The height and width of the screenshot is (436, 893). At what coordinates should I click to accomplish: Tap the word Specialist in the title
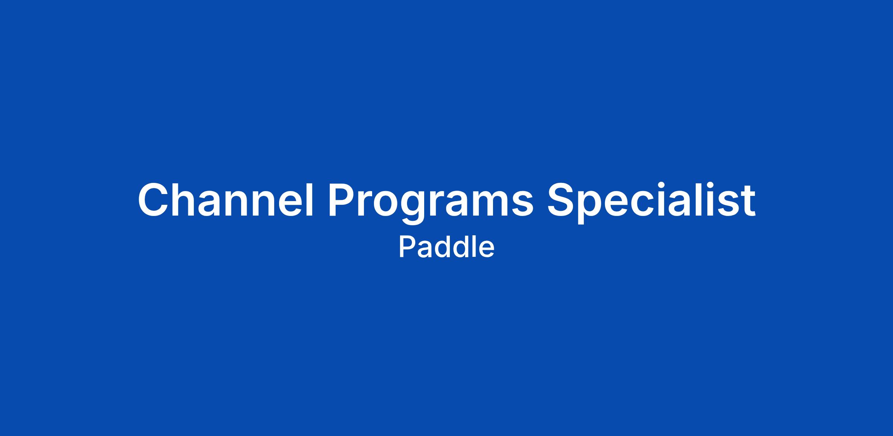coord(651,203)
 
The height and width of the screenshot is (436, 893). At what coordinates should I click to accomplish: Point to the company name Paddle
coord(446,247)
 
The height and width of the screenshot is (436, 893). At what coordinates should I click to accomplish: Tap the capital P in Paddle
coord(407,248)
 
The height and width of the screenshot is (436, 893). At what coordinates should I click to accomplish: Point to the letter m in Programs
coord(489,204)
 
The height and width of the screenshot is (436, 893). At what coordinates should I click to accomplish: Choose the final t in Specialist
coord(748,201)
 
